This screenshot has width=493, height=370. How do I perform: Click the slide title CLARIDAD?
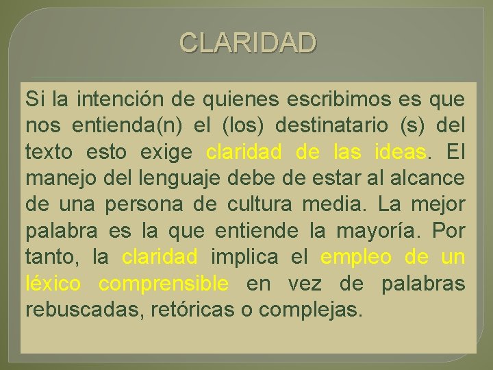tap(248, 42)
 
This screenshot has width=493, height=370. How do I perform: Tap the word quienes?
tap(240, 100)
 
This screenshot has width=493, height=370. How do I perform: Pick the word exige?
tap(168, 152)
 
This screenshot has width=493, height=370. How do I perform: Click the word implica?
tap(244, 258)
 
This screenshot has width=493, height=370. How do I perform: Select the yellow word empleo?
tap(356, 258)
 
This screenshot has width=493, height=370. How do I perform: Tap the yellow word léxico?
tap(53, 283)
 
